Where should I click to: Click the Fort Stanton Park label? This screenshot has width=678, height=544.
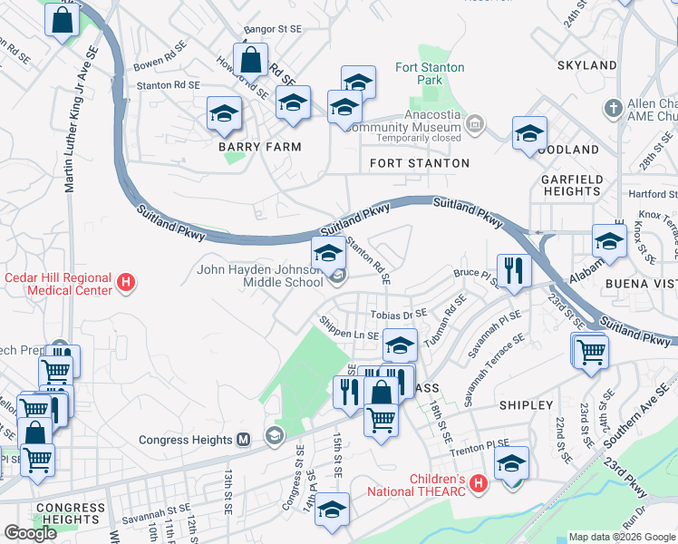(430, 73)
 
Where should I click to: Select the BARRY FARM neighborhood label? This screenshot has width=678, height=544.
(259, 146)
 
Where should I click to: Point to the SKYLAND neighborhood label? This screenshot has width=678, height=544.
(586, 65)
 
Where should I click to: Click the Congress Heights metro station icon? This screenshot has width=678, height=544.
(243, 440)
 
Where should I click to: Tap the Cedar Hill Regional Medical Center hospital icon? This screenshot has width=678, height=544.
(127, 284)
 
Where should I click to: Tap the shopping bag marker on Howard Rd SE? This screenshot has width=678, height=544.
(250, 63)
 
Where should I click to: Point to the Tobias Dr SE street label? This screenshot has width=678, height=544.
(398, 314)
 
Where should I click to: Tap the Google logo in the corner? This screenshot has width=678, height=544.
(31, 533)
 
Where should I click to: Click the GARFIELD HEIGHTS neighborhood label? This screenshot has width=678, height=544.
(571, 185)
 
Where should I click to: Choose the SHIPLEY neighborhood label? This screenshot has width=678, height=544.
(526, 405)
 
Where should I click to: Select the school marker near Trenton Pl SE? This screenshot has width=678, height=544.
(512, 464)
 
